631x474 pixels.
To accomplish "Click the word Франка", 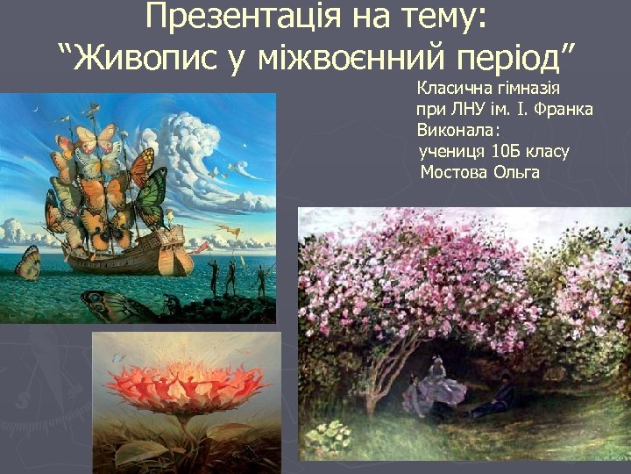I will click(x=568, y=110).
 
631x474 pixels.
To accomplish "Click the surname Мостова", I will click(x=457, y=172).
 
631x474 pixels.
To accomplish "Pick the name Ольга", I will click(x=517, y=172).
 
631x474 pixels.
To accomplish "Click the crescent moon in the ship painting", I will click(x=35, y=109).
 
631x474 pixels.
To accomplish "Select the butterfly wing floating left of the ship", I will click(x=28, y=262).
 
